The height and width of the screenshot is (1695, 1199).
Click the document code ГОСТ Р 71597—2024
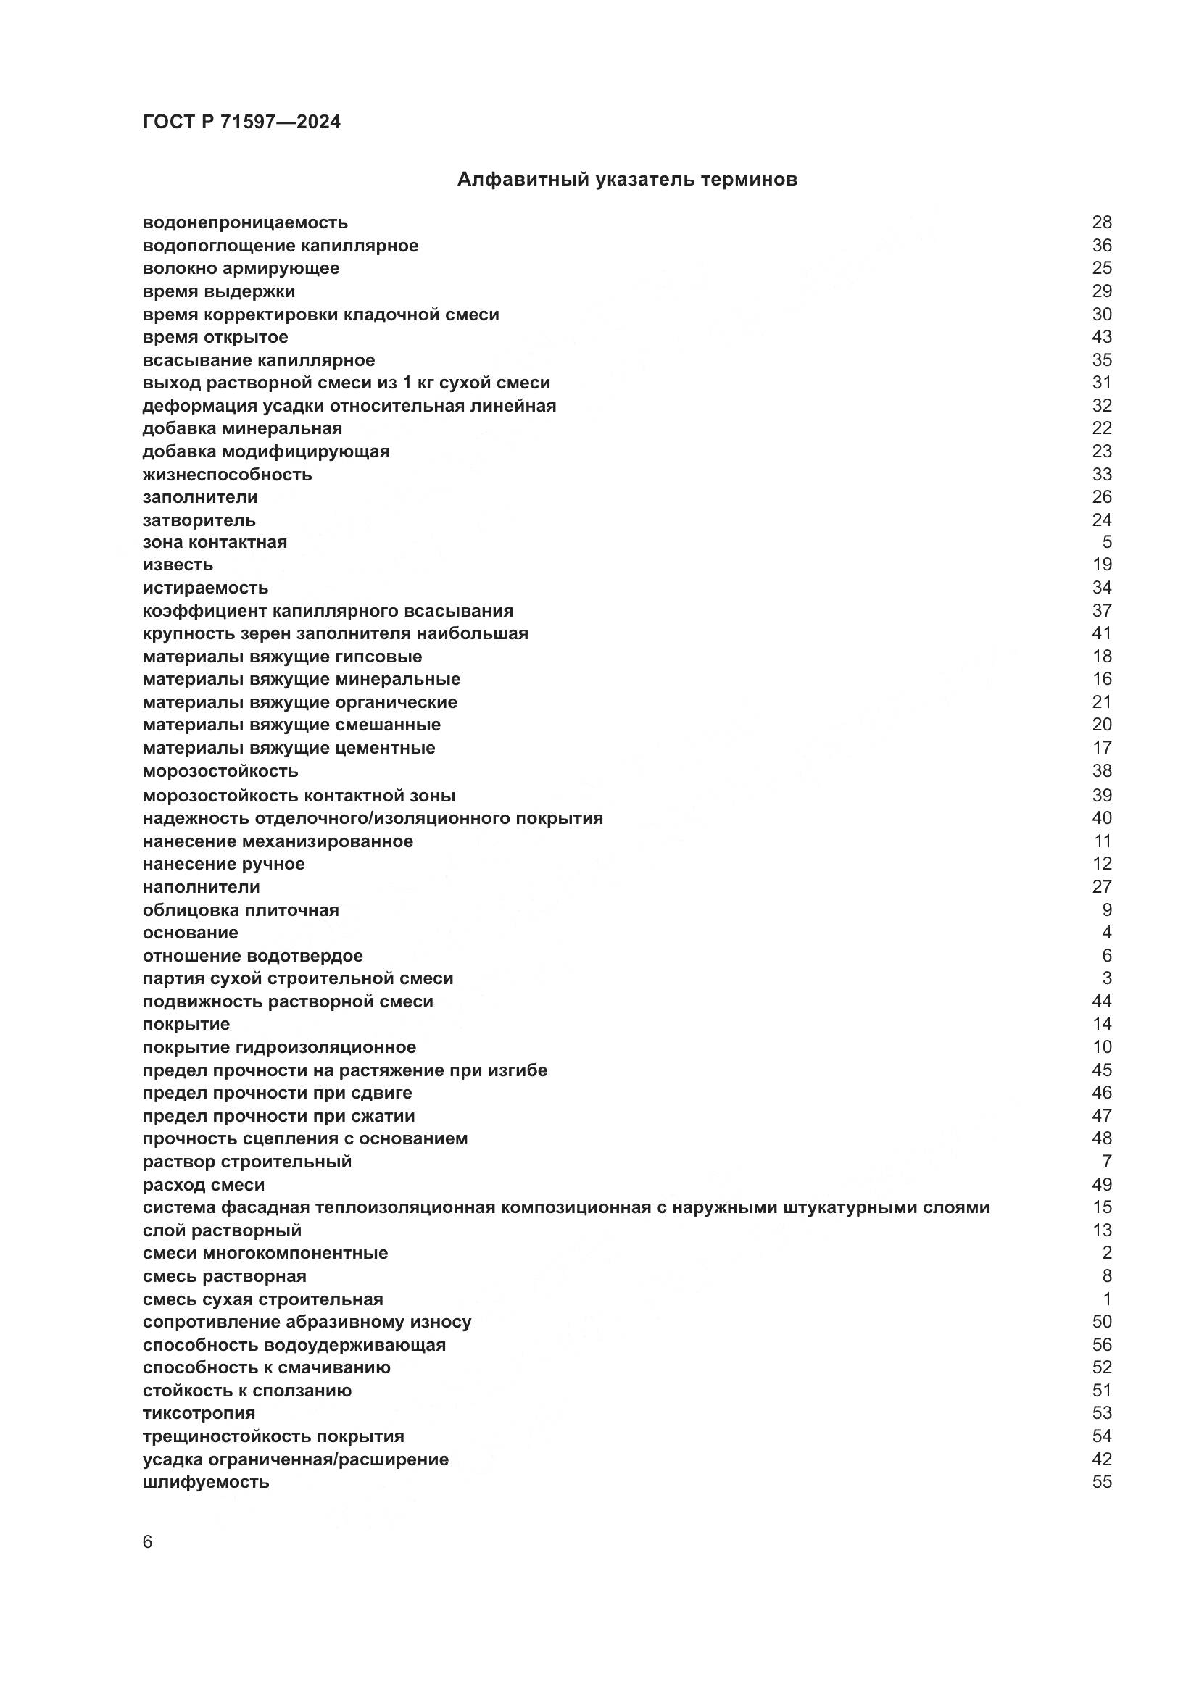pyautogui.click(x=241, y=122)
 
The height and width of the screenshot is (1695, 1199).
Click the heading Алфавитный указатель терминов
pyautogui.click(x=627, y=180)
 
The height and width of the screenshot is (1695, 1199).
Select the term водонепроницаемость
pyautogui.click(x=245, y=222)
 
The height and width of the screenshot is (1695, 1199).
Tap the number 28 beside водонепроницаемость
pyautogui.click(x=1102, y=222)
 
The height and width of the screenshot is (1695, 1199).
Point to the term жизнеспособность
pyautogui.click(x=228, y=474)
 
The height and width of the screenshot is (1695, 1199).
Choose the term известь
pyautogui.click(x=178, y=565)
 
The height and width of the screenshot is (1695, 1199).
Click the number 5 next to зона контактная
pyautogui.click(x=1107, y=542)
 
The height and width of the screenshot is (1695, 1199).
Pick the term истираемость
pyautogui.click(x=205, y=588)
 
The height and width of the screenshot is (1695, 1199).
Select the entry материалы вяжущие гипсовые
pyautogui.click(x=282, y=657)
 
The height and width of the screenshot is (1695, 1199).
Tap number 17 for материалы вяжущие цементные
pyautogui.click(x=1102, y=748)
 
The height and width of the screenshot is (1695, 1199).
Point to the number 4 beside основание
pyautogui.click(x=1107, y=933)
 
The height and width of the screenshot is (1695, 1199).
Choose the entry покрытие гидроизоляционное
pyautogui.click(x=279, y=1047)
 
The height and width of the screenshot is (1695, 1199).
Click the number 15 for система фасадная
pyautogui.click(x=1102, y=1207)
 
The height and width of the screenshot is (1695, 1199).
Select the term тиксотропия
pyautogui.click(x=199, y=1413)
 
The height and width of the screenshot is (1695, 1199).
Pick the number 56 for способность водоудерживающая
pyautogui.click(x=1102, y=1344)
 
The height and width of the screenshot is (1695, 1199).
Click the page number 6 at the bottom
pyautogui.click(x=148, y=1542)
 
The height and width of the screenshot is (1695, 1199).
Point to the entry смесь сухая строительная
pyautogui.click(x=263, y=1299)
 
